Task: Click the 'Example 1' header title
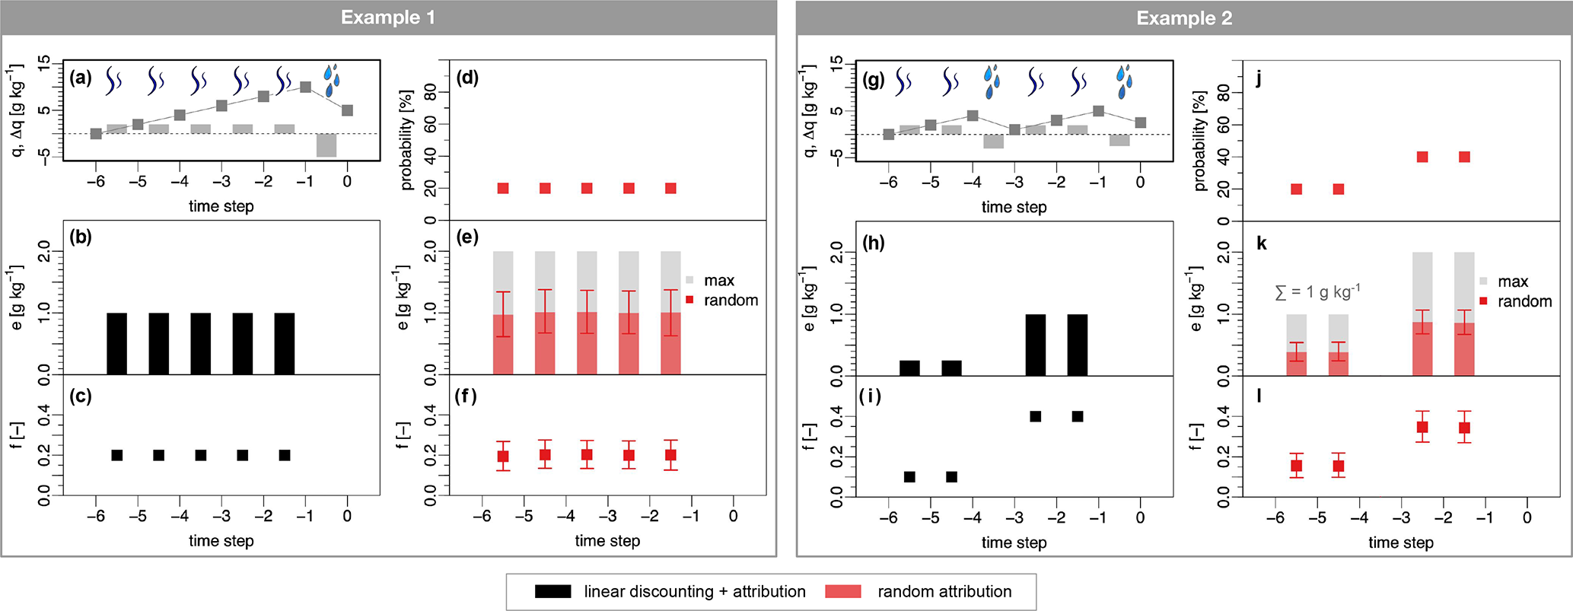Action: pyautogui.click(x=387, y=18)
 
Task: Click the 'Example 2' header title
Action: pyautogui.click(x=1183, y=18)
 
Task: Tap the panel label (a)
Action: pyautogui.click(x=80, y=78)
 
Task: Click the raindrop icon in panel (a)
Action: pyautogui.click(x=331, y=81)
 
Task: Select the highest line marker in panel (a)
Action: pyautogui.click(x=305, y=87)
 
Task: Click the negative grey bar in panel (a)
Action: pyautogui.click(x=326, y=145)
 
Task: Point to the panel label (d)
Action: pyautogui.click(x=467, y=78)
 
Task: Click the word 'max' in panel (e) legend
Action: pyautogui.click(x=719, y=281)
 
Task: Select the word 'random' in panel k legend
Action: pyautogui.click(x=1524, y=301)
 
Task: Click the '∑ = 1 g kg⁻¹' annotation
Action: pyautogui.click(x=1317, y=291)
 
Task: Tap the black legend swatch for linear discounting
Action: pyautogui.click(x=552, y=591)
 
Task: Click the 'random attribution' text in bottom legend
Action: pyautogui.click(x=944, y=591)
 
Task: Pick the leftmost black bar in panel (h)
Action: pyautogui.click(x=909, y=368)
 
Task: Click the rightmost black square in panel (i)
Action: pyautogui.click(x=1077, y=416)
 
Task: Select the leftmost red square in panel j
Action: pyautogui.click(x=1297, y=189)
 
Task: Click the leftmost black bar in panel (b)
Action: pyautogui.click(x=116, y=343)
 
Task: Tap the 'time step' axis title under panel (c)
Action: pyautogui.click(x=221, y=540)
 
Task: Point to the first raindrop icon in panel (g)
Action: pyautogui.click(x=991, y=82)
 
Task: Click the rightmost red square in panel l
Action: pyautogui.click(x=1464, y=428)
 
